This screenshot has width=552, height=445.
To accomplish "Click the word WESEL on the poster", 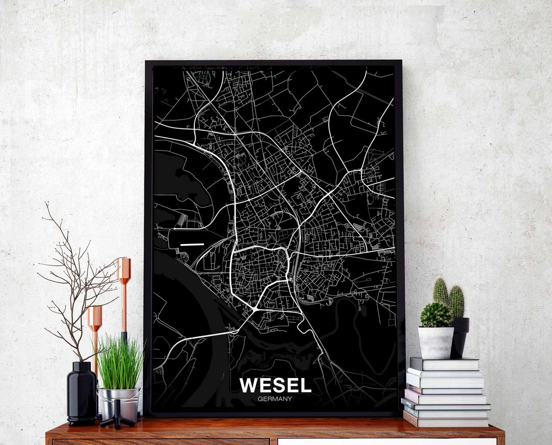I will [275, 385].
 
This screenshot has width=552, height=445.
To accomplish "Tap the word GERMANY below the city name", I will [275, 399].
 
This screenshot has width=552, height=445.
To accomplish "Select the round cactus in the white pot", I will [435, 315].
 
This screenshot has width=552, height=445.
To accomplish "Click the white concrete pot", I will [436, 343].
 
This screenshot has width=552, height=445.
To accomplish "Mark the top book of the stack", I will [445, 364].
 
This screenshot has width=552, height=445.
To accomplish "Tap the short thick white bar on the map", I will [192, 244].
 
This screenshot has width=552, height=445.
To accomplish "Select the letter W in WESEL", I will [248, 385].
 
